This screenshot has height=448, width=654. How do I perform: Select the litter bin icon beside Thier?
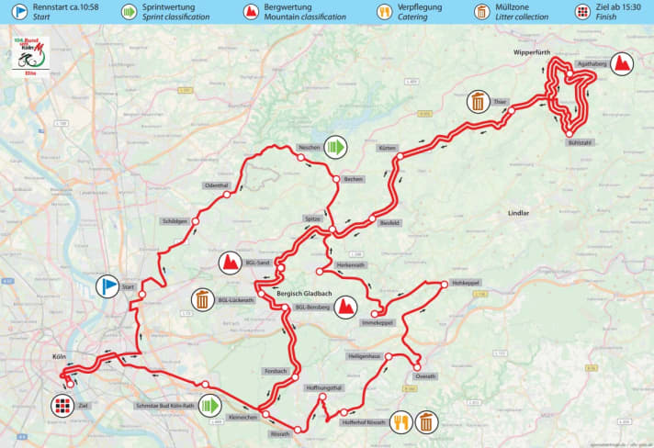tap(478, 101)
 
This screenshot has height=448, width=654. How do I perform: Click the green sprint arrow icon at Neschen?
tap(338, 147)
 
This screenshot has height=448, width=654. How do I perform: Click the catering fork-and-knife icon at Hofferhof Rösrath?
tap(401, 421)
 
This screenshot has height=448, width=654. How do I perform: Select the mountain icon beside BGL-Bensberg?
tap(347, 307)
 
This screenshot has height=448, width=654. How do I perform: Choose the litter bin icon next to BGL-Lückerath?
tap(202, 299)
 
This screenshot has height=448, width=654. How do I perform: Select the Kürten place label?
tap(387, 148)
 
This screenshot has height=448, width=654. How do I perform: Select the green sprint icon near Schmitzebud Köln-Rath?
tap(211, 405)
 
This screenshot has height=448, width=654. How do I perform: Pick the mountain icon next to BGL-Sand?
tap(229, 264)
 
